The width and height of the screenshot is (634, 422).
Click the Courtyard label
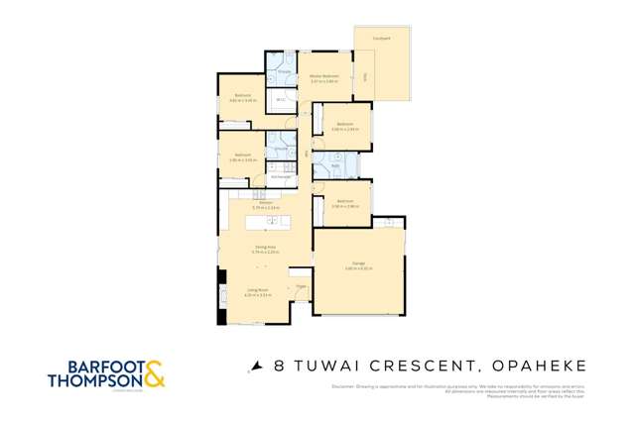point(382,39)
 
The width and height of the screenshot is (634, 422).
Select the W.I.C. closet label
point(281,100)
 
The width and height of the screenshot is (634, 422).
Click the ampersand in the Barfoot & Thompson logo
point(153,374)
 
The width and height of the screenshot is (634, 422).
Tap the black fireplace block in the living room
point(219,296)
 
